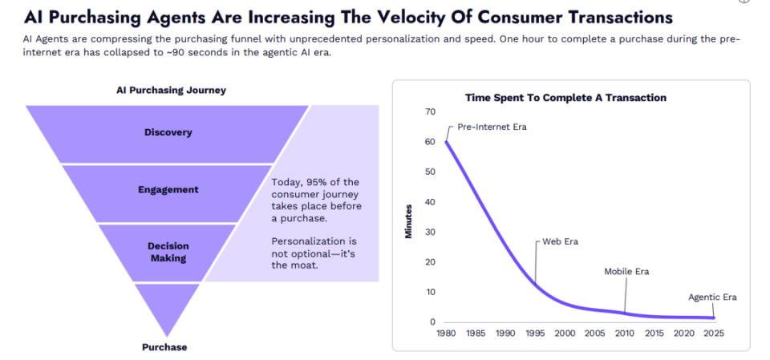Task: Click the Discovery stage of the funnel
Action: pos(168,132)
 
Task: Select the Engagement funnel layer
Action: pos(168,190)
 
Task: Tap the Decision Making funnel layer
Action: pos(168,253)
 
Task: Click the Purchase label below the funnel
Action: pos(164,347)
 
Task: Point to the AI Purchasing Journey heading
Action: pos(171,91)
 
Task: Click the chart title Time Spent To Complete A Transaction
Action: pos(565,98)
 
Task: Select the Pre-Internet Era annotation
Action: pos(492,127)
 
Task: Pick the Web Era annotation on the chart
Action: pos(561,241)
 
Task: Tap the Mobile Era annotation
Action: pos(626,272)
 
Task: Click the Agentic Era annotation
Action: pos(712,297)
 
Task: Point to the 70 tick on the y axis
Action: pos(430,111)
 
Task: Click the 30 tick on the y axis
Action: pos(430,232)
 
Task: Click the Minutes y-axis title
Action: pos(408,222)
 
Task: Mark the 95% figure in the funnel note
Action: pos(318,182)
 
